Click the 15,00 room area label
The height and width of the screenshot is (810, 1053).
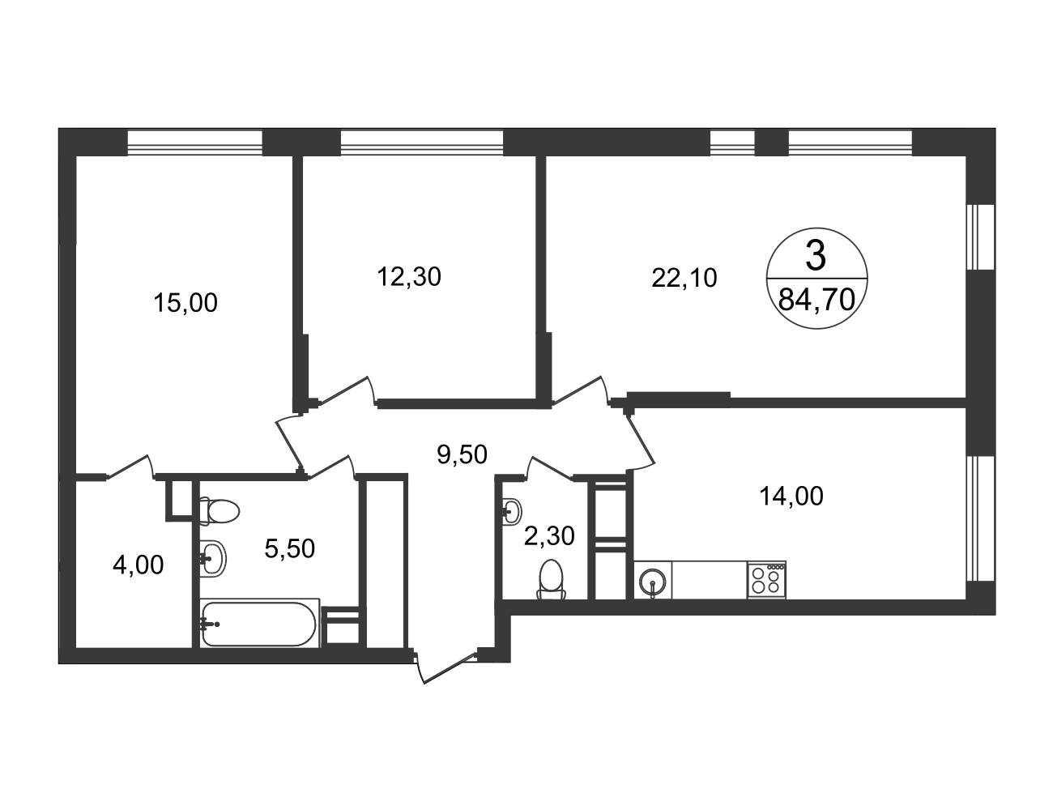(185, 303)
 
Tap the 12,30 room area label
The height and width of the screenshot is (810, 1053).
(410, 277)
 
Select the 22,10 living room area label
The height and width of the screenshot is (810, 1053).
(684, 279)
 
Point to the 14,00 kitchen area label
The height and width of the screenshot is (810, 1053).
(791, 496)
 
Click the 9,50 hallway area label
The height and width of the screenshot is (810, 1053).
(463, 454)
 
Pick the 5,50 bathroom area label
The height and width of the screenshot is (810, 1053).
(290, 548)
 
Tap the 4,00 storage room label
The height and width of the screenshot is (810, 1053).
(139, 565)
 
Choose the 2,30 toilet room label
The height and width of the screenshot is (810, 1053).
(549, 535)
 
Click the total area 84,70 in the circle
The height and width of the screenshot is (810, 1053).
(816, 301)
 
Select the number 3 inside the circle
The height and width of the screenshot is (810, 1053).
(816, 257)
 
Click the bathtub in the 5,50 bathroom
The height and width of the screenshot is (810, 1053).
(260, 624)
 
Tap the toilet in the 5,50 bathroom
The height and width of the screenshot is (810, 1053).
(219, 511)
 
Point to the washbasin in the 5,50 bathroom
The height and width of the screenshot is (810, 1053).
(213, 558)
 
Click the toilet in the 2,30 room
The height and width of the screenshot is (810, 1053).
(552, 579)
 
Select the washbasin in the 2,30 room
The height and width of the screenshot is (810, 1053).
(512, 510)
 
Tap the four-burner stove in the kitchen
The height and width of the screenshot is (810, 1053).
(766, 581)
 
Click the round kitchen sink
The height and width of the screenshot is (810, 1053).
(652, 582)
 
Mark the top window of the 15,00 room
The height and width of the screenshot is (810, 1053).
(195, 143)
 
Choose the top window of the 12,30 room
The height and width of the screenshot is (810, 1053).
(422, 143)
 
